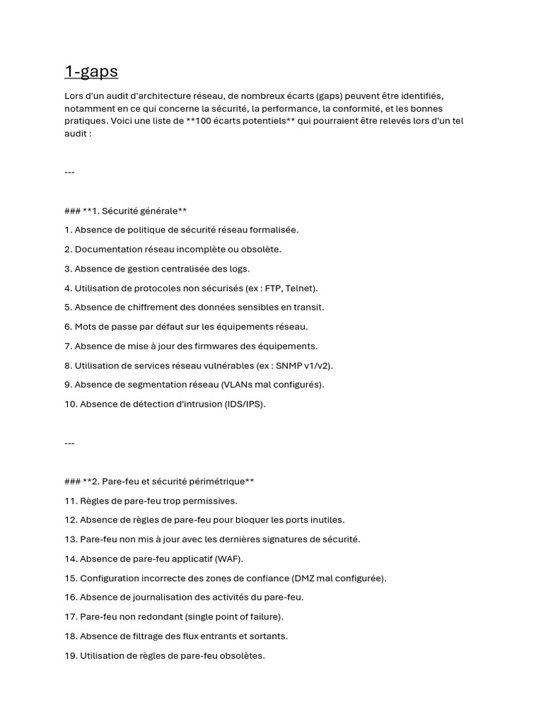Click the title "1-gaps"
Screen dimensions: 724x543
[91, 71]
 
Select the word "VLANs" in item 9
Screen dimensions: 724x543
[238, 385]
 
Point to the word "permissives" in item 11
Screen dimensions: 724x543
[207, 501]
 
